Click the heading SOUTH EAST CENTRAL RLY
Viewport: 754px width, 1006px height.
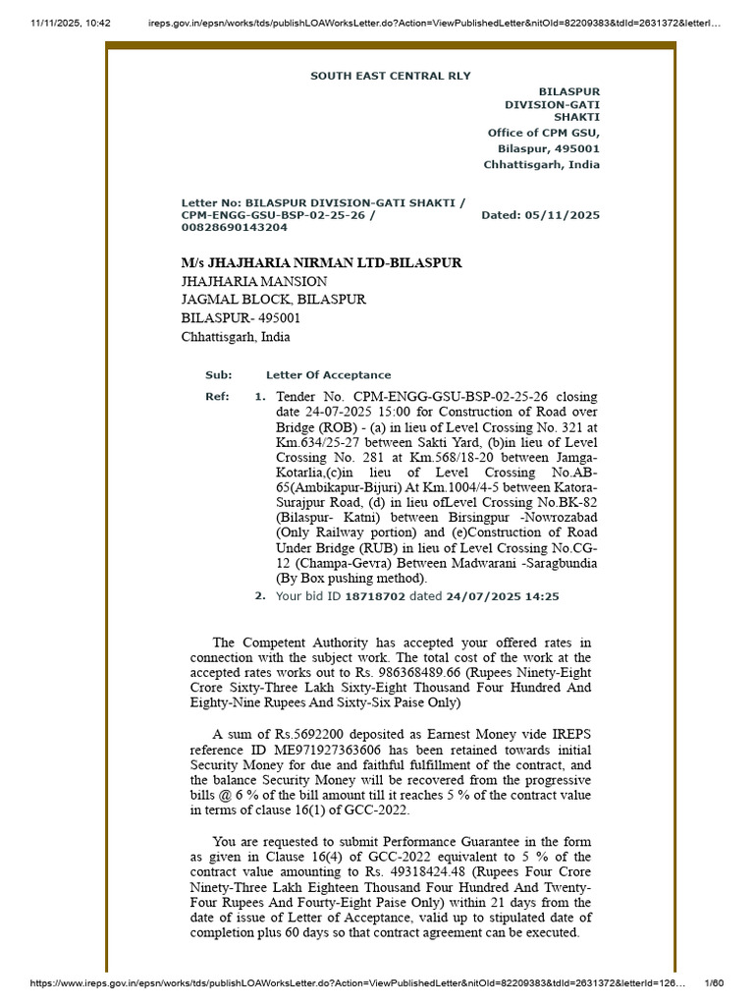coord(390,76)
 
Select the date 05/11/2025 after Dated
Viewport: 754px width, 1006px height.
coord(563,215)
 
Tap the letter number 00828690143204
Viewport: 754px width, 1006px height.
coord(235,227)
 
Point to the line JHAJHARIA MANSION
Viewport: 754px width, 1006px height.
coord(254,282)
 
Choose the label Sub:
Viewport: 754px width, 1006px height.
coord(218,375)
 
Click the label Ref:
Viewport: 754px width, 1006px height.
coord(217,397)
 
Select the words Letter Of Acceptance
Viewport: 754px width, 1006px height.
coord(328,375)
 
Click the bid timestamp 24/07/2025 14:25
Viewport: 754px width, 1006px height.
coord(503,596)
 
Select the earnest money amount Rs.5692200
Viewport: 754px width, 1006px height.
coord(307,733)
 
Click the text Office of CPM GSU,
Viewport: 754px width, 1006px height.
coord(543,133)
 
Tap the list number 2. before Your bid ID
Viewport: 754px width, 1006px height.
coord(260,595)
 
